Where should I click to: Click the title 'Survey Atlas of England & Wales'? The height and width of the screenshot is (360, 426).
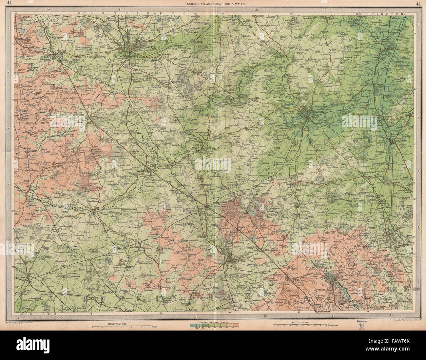(x=216, y=4)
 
